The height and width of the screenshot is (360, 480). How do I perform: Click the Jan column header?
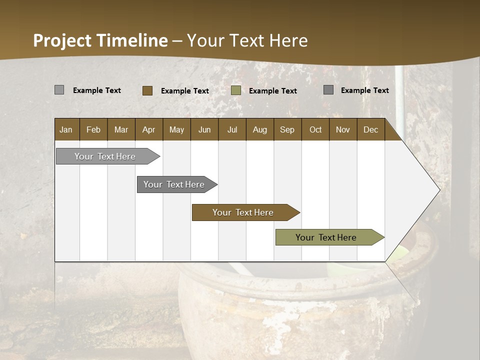click(x=66, y=129)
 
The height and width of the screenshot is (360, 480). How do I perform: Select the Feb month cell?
click(x=93, y=129)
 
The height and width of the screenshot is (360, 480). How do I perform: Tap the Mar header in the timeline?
click(x=121, y=129)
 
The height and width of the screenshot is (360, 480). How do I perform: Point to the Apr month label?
click(x=149, y=129)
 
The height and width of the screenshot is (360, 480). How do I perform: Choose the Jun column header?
click(x=204, y=129)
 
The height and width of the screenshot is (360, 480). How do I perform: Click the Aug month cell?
click(x=260, y=129)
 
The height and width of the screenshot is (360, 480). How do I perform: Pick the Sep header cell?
click(x=287, y=129)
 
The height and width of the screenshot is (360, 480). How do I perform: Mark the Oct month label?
click(x=315, y=129)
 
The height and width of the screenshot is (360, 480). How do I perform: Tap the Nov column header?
click(x=343, y=129)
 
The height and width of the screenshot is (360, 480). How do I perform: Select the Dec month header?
click(x=371, y=129)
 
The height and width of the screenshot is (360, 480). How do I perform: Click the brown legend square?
click(x=147, y=90)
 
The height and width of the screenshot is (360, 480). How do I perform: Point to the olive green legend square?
click(x=236, y=90)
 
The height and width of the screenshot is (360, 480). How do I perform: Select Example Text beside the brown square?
click(x=185, y=91)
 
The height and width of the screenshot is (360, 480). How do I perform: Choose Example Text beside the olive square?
click(x=273, y=91)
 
